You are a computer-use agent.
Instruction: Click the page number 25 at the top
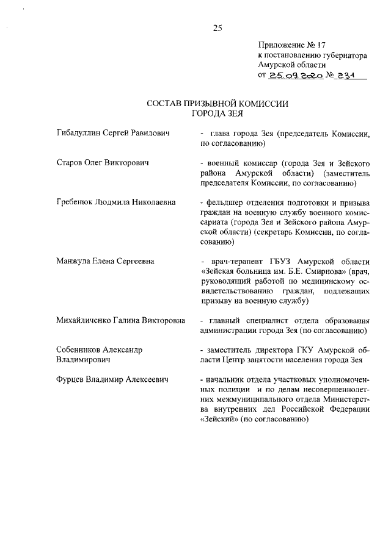click(x=217, y=27)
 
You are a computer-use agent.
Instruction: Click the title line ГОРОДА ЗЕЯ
click(x=217, y=113)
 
